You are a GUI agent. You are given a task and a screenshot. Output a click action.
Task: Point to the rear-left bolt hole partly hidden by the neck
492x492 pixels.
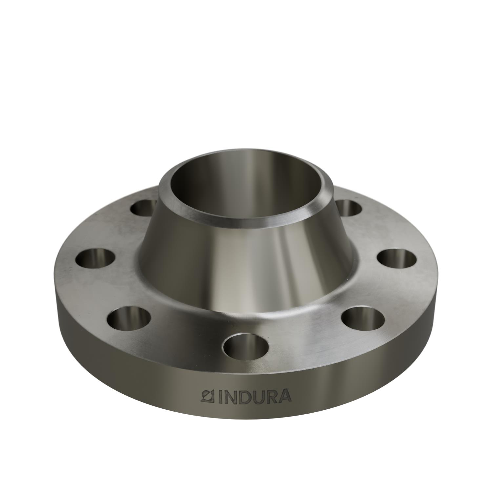tap(144, 207)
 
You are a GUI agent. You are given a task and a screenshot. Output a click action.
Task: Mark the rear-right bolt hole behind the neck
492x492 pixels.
tap(348, 207)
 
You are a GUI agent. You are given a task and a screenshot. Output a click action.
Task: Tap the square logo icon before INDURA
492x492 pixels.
tap(207, 396)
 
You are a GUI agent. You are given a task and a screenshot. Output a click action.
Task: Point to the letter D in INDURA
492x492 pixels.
tap(241, 396)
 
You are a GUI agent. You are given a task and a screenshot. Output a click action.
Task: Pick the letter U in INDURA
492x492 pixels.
tap(256, 396)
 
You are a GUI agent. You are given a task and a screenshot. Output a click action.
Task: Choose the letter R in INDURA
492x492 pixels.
tap(270, 396)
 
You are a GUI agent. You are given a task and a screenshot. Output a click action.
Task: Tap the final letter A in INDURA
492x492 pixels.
tap(284, 396)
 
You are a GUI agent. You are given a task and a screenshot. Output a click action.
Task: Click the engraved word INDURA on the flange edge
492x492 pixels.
tap(246, 396)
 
